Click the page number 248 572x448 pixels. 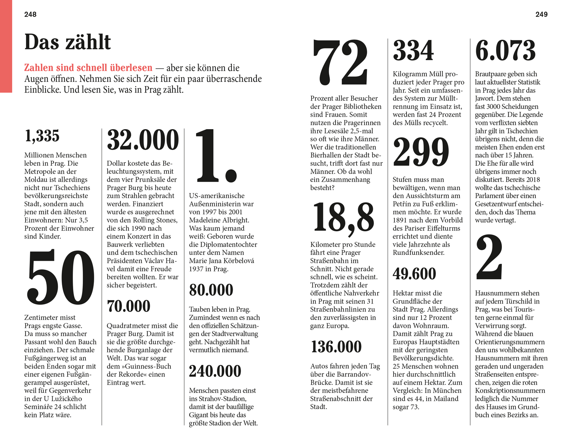pos(31,14)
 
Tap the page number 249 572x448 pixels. pos(541,14)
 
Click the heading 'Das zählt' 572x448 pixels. pos(67,42)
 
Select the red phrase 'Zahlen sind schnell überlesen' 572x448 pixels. pos(88,68)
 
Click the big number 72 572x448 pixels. pos(340,62)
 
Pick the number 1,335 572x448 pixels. pos(42,136)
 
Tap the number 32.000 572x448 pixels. pos(143,140)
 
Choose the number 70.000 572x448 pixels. pos(129,306)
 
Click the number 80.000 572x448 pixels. pos(211,290)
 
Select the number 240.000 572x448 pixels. pos(215,371)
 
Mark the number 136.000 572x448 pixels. pos(336,347)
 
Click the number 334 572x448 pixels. pos(413,51)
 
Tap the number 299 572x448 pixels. pos(421,152)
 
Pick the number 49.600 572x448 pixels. pos(414,274)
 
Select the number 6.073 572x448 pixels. pos(505,51)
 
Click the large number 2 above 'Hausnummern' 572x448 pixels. pos(489,258)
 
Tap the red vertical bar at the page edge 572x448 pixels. pos(6,46)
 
